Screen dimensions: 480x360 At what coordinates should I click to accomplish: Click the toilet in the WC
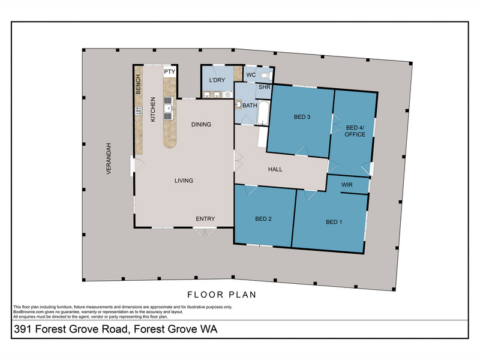(266, 76)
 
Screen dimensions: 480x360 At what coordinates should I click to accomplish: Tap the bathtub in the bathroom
(263, 113)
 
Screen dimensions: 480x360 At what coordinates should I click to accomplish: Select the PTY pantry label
(170, 71)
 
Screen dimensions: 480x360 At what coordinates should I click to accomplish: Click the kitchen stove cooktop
(139, 111)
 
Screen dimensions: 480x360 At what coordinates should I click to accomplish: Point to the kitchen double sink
(168, 109)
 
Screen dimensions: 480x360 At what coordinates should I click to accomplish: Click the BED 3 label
(302, 116)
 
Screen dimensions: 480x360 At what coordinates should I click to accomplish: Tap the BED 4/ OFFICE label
(355, 131)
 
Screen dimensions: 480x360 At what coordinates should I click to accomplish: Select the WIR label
(347, 185)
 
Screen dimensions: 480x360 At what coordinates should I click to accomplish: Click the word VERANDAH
(109, 158)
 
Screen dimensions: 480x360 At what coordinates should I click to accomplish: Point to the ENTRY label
(205, 218)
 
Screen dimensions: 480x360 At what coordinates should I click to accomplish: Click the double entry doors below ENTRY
(205, 232)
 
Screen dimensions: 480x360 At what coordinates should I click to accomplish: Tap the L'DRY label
(217, 80)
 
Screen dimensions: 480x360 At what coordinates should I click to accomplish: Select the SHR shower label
(264, 87)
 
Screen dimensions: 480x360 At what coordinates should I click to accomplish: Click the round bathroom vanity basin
(238, 104)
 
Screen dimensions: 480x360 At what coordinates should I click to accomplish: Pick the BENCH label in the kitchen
(138, 84)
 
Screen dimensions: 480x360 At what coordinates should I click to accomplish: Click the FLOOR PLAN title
(222, 295)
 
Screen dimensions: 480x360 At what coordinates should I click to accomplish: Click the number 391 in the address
(23, 329)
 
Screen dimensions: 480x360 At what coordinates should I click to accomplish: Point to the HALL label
(275, 169)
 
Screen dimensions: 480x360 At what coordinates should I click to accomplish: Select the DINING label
(201, 124)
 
